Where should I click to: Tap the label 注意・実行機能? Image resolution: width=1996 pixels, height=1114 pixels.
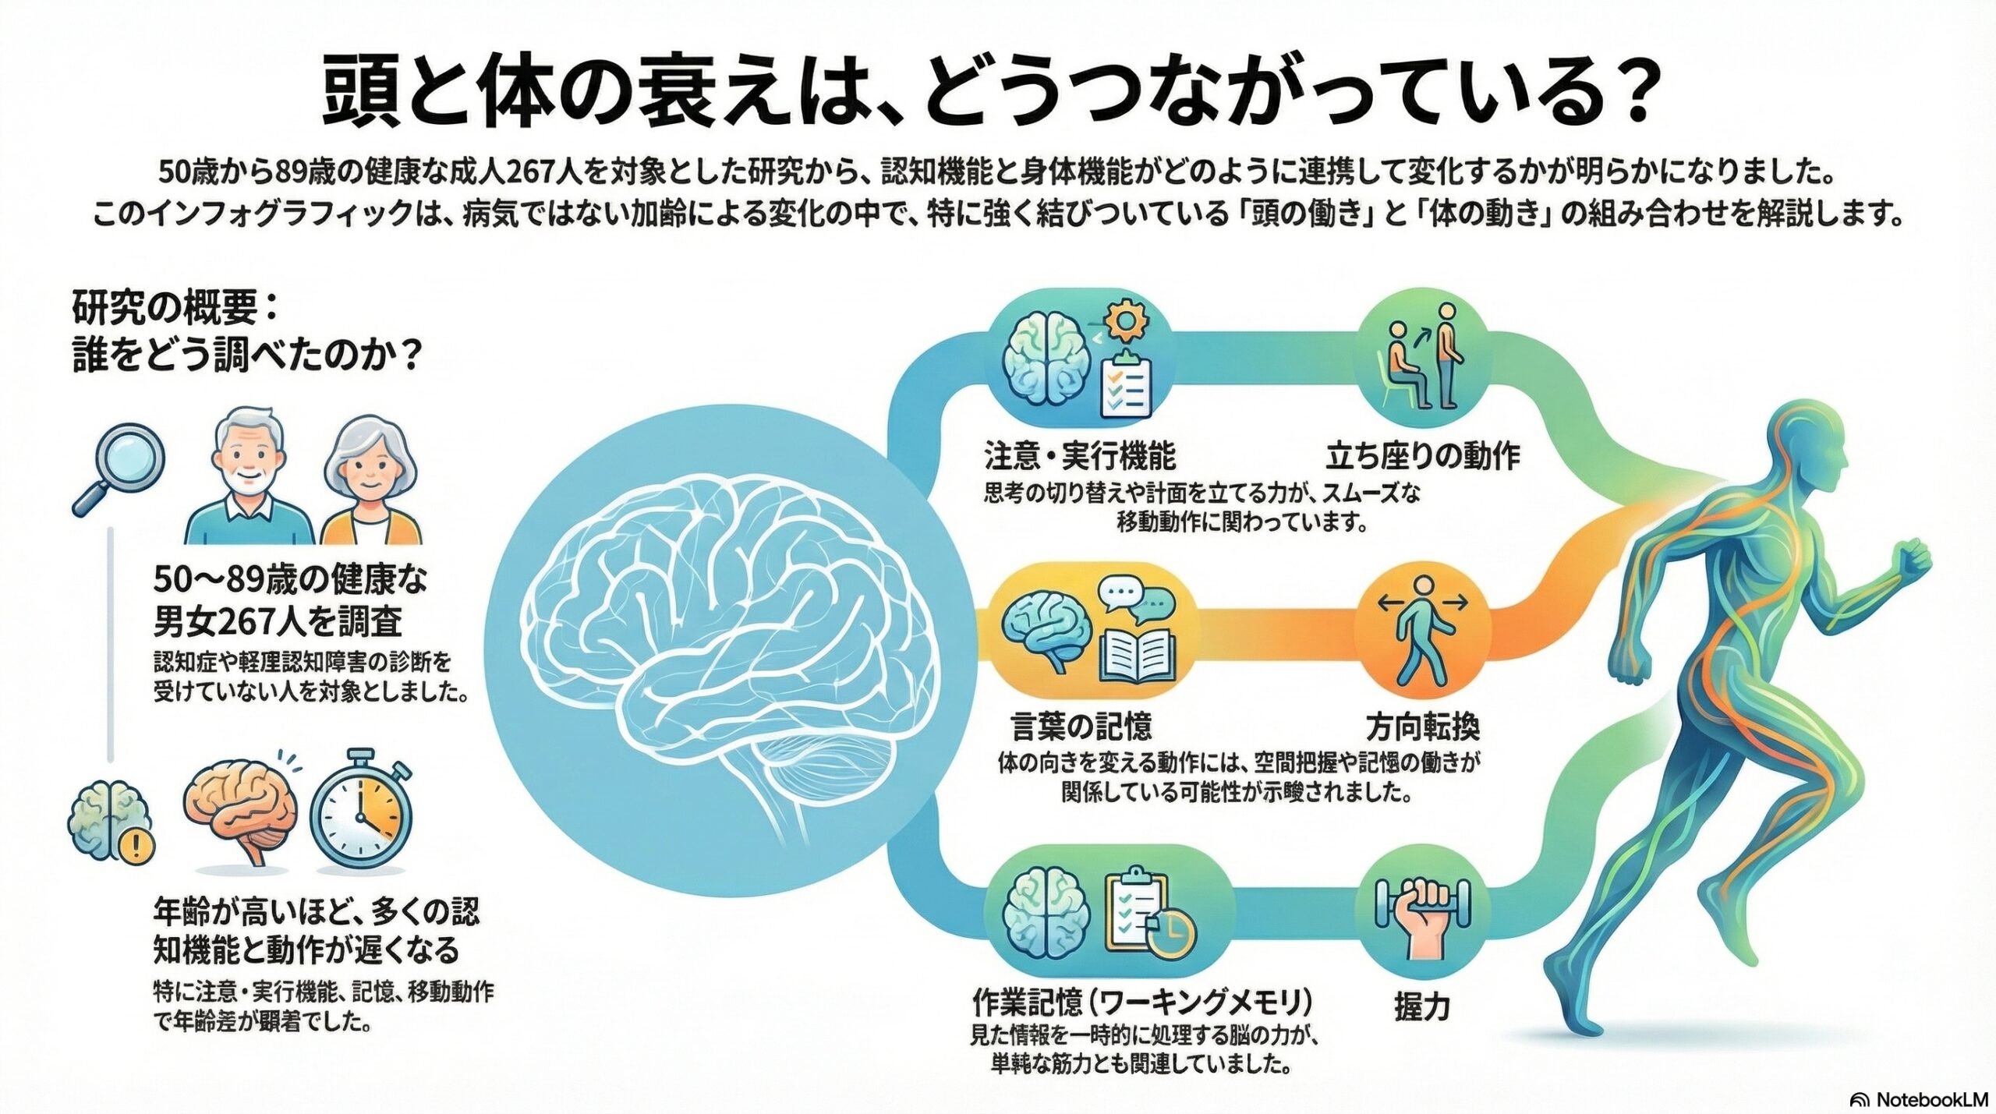[1079, 456]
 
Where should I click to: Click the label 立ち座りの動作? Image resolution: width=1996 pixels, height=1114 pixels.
[1424, 456]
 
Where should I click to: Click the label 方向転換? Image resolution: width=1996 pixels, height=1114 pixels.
[1424, 727]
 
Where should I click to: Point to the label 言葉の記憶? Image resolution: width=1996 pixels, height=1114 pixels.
[1081, 727]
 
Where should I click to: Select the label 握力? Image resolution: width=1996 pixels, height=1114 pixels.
[1422, 1008]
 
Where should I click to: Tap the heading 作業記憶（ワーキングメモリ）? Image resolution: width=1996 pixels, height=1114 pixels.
[1142, 1000]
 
